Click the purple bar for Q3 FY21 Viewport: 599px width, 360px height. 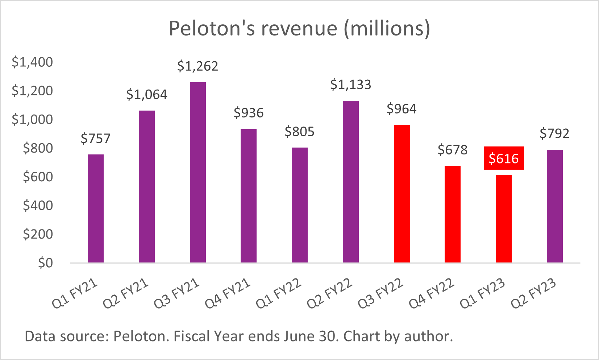(197, 172)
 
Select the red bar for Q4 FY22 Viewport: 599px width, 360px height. (452, 214)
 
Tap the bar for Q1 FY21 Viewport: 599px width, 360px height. (96, 208)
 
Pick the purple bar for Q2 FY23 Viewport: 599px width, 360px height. (554, 206)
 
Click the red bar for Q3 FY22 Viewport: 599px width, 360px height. (402, 194)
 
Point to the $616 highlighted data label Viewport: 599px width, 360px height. (504, 158)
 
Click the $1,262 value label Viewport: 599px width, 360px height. (197, 66)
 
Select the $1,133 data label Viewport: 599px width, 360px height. (350, 85)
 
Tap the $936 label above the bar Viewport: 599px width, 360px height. (249, 113)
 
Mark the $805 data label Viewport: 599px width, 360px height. (299, 132)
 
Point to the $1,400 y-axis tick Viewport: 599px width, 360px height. (32, 62)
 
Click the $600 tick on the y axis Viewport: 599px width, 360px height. (38, 177)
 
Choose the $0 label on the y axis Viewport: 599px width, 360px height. (45, 263)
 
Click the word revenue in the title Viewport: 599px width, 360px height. (299, 28)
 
